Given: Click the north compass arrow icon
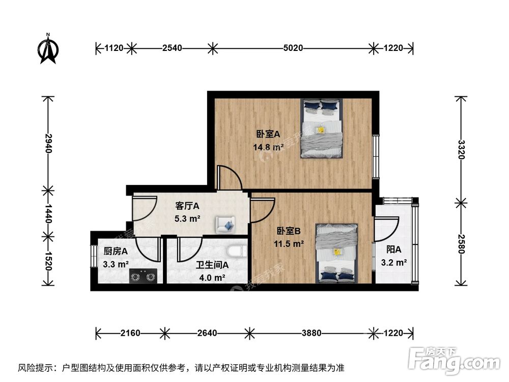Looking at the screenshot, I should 48,50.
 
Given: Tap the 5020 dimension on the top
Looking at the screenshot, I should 293,48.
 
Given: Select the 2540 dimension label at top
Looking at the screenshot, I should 173,48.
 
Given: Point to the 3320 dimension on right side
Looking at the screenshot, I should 461,149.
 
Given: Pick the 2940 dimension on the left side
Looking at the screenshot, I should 48,144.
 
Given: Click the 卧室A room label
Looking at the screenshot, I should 268,134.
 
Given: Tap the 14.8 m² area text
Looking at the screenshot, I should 268,148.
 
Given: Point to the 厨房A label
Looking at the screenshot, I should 116,251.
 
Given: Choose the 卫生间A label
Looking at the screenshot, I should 212,265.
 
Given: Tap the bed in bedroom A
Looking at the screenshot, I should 321,128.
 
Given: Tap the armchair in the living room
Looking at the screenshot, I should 225,224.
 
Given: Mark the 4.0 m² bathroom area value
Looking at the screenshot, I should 212,278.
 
